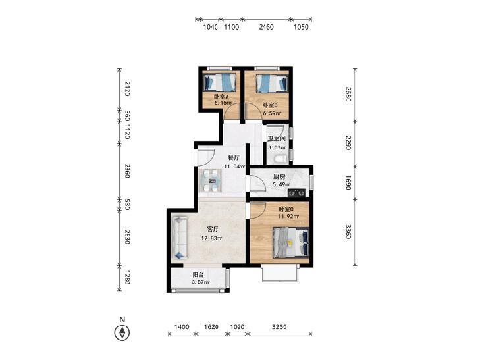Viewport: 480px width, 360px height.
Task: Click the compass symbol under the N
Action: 122,332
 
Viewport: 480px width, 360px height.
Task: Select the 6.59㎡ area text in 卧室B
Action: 272,113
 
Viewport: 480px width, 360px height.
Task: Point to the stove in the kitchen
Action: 296,193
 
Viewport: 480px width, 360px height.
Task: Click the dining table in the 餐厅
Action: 211,181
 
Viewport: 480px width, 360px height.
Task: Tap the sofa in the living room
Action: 179,238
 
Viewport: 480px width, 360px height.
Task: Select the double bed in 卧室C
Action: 290,242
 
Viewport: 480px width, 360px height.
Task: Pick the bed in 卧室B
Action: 272,84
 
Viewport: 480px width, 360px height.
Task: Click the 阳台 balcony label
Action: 198,275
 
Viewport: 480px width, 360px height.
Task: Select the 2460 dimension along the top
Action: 266,27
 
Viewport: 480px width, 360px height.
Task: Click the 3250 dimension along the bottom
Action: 279,327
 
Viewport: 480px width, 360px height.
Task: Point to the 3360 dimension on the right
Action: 349,232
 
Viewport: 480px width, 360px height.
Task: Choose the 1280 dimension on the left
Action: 127,278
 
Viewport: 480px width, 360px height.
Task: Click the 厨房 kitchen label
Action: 279,177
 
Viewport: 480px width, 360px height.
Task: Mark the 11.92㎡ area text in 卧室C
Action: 288,217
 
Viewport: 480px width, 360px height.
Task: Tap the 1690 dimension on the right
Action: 349,182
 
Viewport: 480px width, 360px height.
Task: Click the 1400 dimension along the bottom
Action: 182,327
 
